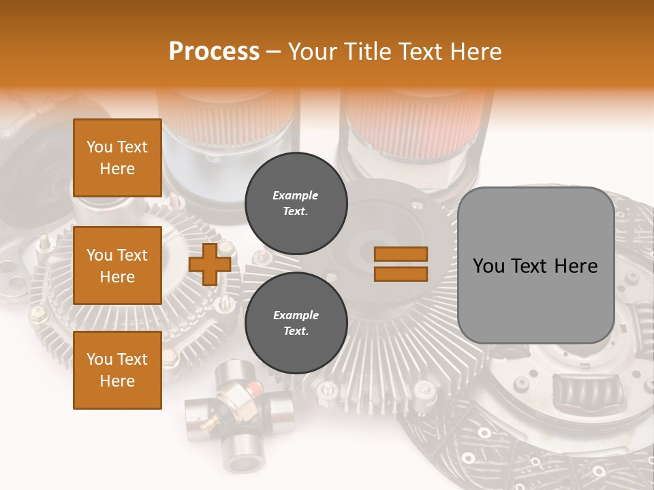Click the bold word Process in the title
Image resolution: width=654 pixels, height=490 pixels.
pyautogui.click(x=214, y=52)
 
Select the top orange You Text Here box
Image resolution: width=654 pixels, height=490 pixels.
pyautogui.click(x=117, y=158)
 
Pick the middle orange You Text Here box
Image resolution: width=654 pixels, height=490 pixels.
pyautogui.click(x=117, y=265)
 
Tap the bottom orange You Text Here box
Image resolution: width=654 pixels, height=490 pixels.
pyautogui.click(x=117, y=370)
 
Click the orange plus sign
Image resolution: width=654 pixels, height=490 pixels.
pyautogui.click(x=210, y=264)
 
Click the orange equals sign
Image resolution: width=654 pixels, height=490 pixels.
pyautogui.click(x=401, y=264)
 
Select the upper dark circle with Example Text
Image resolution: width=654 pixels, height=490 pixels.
pyautogui.click(x=296, y=203)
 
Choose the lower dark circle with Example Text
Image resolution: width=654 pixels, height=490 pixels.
pyautogui.click(x=296, y=323)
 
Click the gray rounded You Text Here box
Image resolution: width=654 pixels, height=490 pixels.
pyautogui.click(x=535, y=265)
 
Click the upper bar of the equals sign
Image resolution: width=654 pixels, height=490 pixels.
pyautogui.click(x=401, y=255)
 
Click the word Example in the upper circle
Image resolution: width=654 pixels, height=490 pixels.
pyautogui.click(x=295, y=195)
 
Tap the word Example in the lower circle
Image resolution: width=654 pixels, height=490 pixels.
pyautogui.click(x=296, y=315)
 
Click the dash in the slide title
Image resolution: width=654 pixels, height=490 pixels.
pyautogui.click(x=274, y=52)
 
